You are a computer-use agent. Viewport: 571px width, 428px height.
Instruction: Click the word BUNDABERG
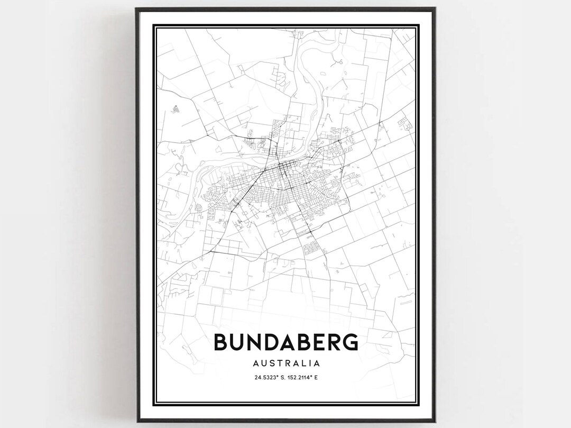click(x=285, y=342)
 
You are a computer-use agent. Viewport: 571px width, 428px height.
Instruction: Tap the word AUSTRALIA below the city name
click(x=285, y=363)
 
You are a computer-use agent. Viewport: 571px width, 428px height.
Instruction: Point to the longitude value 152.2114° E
click(x=305, y=377)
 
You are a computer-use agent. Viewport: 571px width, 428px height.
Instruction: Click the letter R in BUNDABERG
click(x=334, y=342)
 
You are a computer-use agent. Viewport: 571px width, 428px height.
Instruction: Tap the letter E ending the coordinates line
click(x=324, y=377)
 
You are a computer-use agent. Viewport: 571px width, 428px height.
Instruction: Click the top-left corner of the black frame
click(x=136, y=8)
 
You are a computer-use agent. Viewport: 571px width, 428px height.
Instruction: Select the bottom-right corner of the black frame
click(x=435, y=420)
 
